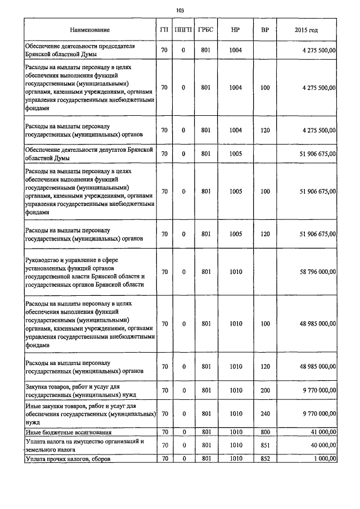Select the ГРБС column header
(205, 29)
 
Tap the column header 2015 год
(306, 29)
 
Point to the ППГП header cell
(183, 29)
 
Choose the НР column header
(236, 29)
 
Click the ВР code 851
(265, 445)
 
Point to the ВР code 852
(265, 458)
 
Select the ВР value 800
(265, 432)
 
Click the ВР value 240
(265, 413)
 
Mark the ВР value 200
(265, 390)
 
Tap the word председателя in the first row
(116, 46)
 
